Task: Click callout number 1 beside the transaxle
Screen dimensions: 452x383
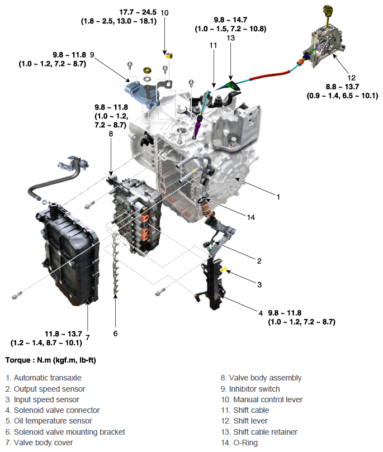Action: [278, 197]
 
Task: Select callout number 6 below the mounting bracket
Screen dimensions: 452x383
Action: [115, 334]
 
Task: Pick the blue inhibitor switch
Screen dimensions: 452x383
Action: [139, 91]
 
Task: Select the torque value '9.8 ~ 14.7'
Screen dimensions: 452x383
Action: [230, 20]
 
